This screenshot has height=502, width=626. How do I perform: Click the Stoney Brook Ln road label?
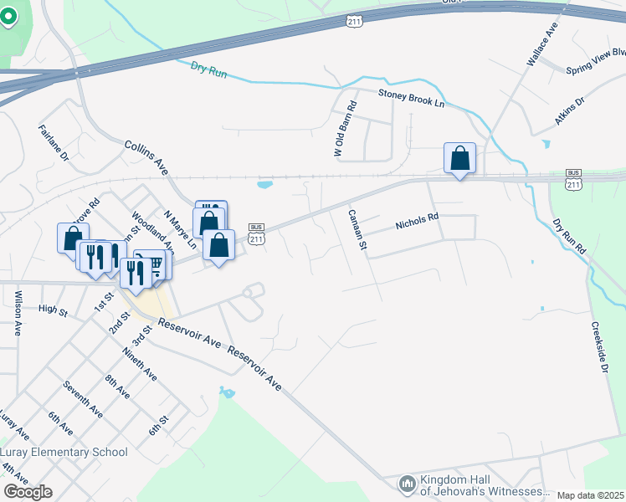coord(411,99)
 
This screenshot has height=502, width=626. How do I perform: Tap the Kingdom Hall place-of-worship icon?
coord(408,483)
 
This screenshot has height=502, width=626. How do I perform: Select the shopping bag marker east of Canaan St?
coord(459,157)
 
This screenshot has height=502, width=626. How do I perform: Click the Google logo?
coord(28,492)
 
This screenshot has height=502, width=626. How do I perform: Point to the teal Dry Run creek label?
coord(208,69)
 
